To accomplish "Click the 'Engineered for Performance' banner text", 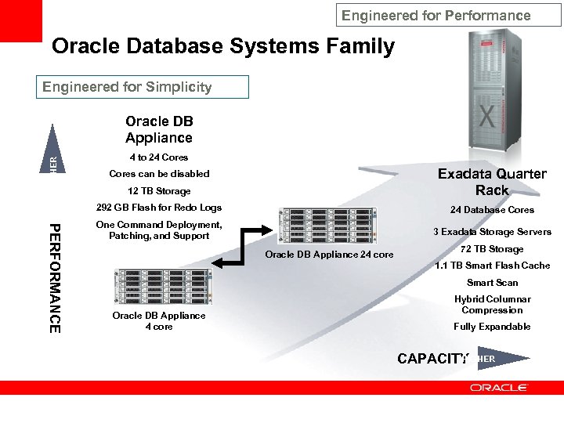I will point(436,16).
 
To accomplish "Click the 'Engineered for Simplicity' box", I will point(143,87).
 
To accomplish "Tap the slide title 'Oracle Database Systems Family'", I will point(223,46).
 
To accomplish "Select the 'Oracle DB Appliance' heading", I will point(159,129).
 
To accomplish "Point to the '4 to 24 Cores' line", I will point(159,157).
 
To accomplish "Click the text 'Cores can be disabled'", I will point(159,174).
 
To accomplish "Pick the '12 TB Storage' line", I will point(159,191).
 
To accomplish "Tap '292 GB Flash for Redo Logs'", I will point(159,208).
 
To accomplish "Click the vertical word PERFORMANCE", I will point(54,278).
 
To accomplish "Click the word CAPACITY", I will point(432,359).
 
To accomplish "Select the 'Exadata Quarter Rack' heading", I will point(492,182).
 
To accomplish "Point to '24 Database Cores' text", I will point(492,210).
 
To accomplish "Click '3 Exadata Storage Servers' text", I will point(492,232).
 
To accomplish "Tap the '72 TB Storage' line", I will point(492,249).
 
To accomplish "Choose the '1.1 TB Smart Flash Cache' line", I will point(492,266).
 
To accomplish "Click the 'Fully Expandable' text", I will point(492,327).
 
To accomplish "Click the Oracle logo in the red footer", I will point(499,388).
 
